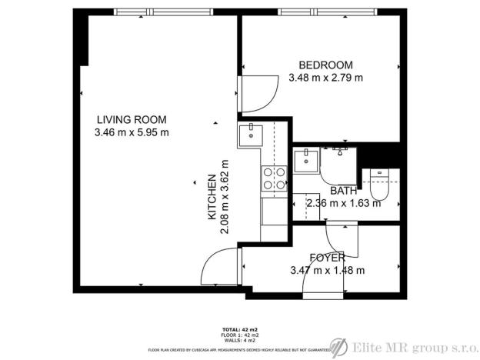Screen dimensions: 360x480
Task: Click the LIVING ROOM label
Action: (131, 119)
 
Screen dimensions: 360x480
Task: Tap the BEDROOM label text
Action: (325, 65)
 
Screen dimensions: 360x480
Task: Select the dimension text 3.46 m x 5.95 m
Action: (131, 132)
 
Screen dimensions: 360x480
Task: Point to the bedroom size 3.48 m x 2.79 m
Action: (325, 78)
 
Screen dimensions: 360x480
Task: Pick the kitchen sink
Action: (252, 136)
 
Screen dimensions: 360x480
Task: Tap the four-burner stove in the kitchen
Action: (274, 180)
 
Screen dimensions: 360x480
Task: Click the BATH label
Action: (343, 191)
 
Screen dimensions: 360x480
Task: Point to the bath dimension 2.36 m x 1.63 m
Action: (343, 204)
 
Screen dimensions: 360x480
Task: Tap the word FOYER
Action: (327, 257)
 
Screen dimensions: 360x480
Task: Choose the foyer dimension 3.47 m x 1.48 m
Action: (327, 270)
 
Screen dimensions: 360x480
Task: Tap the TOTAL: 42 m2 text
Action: (240, 328)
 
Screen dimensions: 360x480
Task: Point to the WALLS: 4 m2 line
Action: (240, 341)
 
